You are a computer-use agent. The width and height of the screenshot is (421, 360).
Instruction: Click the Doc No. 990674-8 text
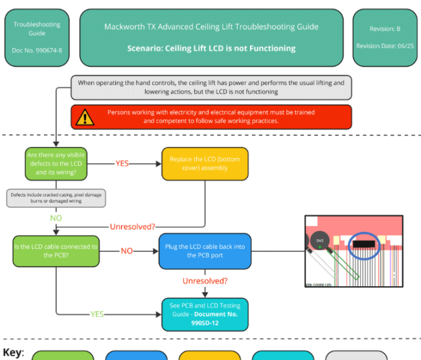(x=37, y=50)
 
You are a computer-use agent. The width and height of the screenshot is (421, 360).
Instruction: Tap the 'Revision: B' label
(x=385, y=29)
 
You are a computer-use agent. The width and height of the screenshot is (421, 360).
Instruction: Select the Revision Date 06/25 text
(x=385, y=46)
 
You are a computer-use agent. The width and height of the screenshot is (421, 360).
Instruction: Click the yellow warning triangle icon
(x=84, y=117)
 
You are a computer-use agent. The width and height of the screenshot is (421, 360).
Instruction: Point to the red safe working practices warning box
(x=211, y=117)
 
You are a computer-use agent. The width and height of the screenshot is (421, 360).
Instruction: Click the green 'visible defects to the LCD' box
(x=55, y=164)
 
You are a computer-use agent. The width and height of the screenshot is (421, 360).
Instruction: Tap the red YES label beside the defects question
(x=122, y=164)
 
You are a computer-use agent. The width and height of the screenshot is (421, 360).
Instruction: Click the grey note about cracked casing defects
(x=56, y=197)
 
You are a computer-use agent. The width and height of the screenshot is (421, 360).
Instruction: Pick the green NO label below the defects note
(x=56, y=218)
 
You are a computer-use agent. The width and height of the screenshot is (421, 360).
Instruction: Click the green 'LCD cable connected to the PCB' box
(x=56, y=251)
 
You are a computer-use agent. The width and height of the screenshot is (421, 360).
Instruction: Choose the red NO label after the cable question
(x=127, y=251)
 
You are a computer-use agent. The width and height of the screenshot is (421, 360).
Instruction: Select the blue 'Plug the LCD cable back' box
(x=205, y=251)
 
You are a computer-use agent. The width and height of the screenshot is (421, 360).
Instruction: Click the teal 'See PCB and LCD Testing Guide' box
(x=205, y=314)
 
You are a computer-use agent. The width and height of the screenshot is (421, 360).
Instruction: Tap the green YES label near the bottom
(x=97, y=314)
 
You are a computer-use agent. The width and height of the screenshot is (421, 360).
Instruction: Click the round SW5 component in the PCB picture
(x=319, y=241)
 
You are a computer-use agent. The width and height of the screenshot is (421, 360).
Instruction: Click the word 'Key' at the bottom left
(x=13, y=353)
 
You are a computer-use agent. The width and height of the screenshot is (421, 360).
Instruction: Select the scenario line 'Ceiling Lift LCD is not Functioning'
(x=211, y=48)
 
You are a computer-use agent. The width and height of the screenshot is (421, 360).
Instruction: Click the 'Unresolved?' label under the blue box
(x=205, y=281)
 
